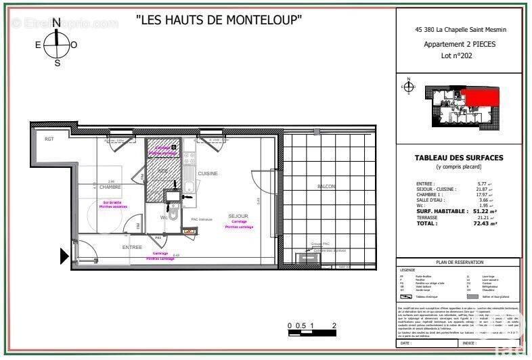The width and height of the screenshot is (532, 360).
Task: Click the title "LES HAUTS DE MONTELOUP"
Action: tap(219, 20)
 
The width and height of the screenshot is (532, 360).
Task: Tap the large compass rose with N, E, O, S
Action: tap(57, 45)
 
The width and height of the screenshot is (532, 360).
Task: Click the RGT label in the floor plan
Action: tap(49, 139)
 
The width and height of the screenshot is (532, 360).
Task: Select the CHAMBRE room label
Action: tap(110, 187)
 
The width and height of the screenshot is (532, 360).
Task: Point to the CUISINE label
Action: tap(208, 174)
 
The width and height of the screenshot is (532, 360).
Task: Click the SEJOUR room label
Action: tap(238, 217)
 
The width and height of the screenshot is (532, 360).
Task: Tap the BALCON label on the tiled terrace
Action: tap(326, 186)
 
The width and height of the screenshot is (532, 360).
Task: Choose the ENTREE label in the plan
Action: tap(131, 248)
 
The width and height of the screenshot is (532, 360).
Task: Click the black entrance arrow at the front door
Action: tap(65, 256)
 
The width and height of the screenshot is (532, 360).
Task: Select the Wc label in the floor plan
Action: tap(164, 218)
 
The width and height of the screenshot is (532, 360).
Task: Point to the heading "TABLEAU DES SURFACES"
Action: tap(458, 158)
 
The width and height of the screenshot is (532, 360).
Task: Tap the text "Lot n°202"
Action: tap(458, 56)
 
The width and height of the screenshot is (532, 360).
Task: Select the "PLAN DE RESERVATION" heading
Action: tap(460, 262)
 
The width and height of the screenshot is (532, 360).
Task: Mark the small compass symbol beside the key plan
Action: tap(408, 87)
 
